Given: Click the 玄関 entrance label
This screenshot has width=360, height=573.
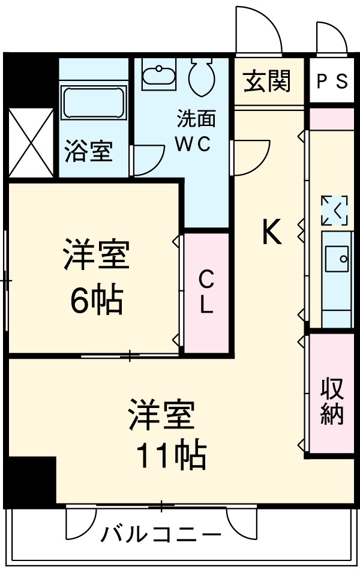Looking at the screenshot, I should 267,80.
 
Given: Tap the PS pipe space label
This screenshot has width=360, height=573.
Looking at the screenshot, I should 332,82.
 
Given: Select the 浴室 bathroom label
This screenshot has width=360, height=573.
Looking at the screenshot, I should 88,152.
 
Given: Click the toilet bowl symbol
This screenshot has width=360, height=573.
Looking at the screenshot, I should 200,77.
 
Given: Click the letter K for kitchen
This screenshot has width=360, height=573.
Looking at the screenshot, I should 271,232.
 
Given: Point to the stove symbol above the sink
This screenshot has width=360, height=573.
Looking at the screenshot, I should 334,211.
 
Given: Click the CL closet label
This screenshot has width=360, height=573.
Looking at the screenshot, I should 206,292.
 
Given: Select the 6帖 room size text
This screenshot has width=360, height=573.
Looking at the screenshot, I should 96,301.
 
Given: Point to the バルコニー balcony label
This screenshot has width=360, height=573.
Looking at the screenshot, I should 161,533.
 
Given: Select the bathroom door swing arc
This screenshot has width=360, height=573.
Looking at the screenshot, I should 148,161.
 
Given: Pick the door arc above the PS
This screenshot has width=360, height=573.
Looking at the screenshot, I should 331,37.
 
